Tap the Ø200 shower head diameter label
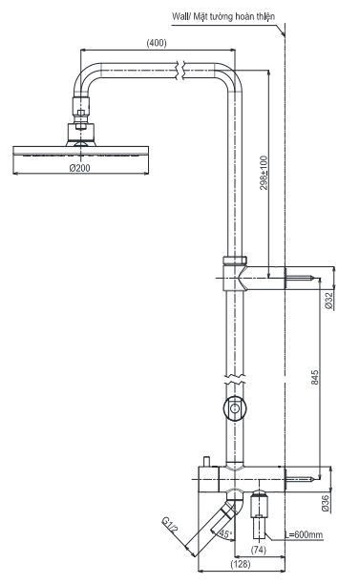tap(81, 168)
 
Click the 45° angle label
tap(226, 534)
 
